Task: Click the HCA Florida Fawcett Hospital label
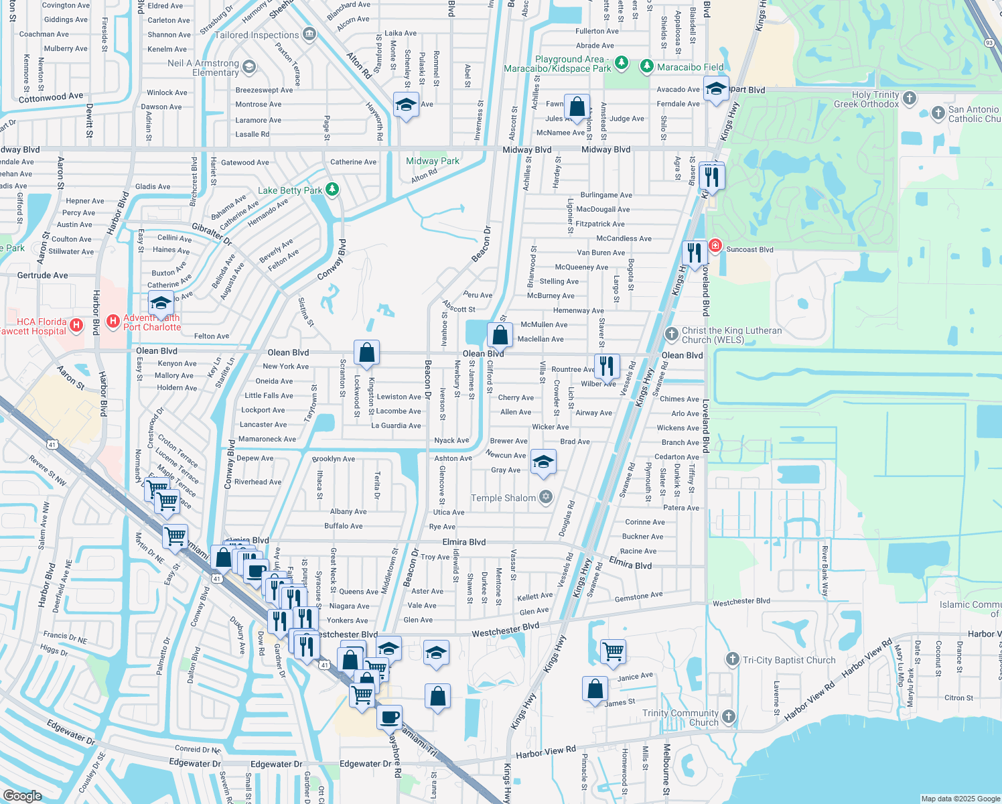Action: tap(33, 326)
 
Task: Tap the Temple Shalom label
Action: tap(503, 498)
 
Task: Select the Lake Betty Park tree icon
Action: tap(332, 190)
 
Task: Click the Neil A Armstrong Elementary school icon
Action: tap(249, 66)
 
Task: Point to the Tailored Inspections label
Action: tap(257, 35)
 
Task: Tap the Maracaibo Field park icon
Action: tap(646, 66)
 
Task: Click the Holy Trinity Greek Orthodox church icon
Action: tap(909, 98)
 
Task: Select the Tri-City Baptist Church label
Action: tap(789, 660)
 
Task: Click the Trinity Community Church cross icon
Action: tap(729, 717)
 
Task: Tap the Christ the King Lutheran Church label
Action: tap(731, 335)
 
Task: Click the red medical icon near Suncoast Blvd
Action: tap(715, 246)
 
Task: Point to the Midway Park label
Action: tap(433, 161)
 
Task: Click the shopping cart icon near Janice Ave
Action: tap(613, 651)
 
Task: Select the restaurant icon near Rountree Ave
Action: tap(606, 366)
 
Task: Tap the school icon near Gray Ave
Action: tap(543, 461)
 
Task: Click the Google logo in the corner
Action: tap(23, 795)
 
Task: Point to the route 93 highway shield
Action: tap(989, 43)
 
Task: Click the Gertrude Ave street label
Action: tap(43, 275)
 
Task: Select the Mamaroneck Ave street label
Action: tap(267, 440)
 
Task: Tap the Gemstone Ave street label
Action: tap(638, 596)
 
